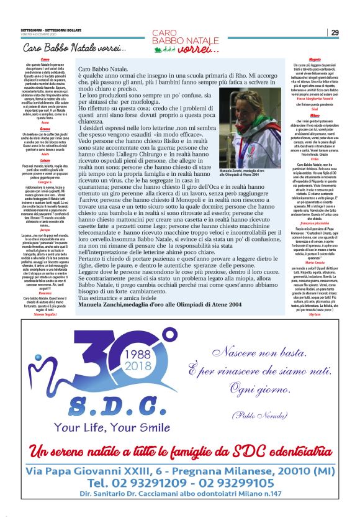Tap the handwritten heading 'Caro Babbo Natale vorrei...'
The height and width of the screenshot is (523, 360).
click(x=74, y=48)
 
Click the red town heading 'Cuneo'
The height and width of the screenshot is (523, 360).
click(x=45, y=60)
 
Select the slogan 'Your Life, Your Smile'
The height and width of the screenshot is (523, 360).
click(x=102, y=427)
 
